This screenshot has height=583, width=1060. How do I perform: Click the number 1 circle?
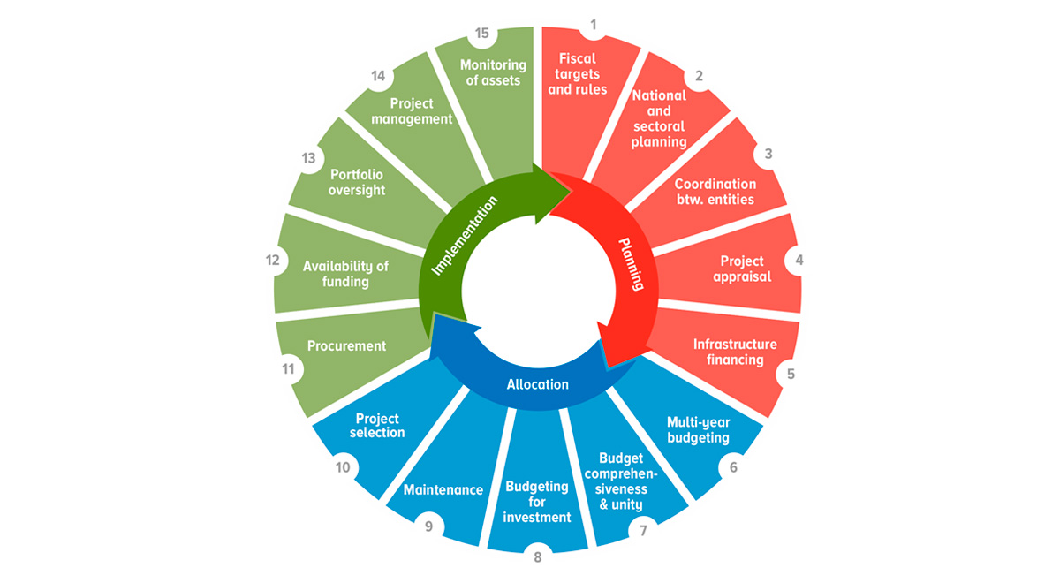(x=593, y=25)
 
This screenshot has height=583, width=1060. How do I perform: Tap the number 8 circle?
(x=537, y=556)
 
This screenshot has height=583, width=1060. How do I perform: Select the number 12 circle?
(x=272, y=260)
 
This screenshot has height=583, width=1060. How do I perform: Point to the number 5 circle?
(x=791, y=373)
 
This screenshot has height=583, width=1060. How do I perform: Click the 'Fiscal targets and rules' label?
(x=578, y=74)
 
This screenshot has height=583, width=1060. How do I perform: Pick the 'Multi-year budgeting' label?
(x=698, y=429)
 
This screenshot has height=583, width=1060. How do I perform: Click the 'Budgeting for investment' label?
(x=537, y=502)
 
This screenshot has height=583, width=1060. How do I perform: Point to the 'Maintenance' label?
(x=443, y=489)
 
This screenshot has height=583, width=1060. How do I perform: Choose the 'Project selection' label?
(x=378, y=425)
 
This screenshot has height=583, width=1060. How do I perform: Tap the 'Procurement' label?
(x=346, y=345)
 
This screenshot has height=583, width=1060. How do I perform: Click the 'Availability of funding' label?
(x=345, y=274)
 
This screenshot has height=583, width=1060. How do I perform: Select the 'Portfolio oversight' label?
(x=357, y=182)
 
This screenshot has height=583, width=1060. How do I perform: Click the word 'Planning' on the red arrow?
(x=631, y=264)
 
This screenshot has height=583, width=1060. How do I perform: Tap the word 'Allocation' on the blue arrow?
(x=538, y=384)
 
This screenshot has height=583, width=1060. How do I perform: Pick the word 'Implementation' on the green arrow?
(x=465, y=235)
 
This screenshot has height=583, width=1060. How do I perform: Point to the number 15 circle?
(x=481, y=33)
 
